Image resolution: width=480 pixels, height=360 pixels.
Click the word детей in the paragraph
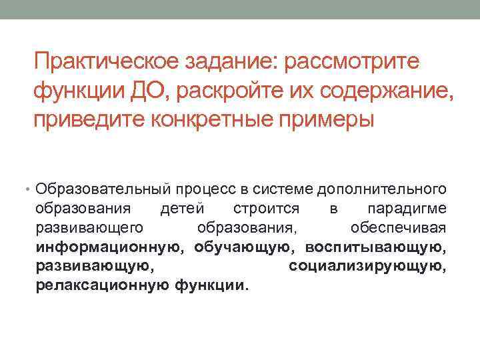[182, 209]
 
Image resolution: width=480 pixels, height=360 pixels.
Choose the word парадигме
[407, 209]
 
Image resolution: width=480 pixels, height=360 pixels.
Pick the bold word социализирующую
[367, 267]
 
